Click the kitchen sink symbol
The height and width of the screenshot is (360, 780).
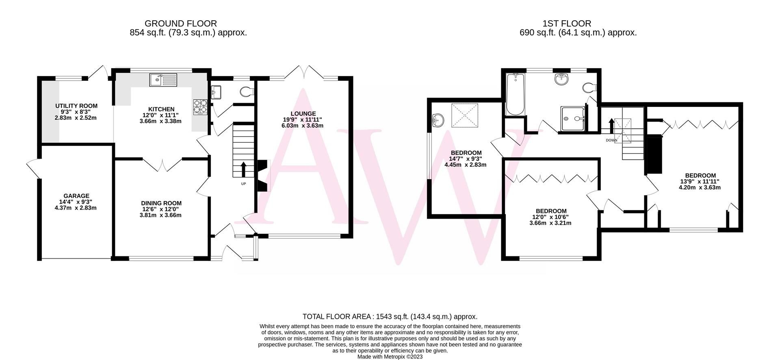[163, 80]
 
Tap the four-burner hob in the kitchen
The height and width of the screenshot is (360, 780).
[200, 107]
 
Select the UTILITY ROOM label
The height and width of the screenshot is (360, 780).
[76, 106]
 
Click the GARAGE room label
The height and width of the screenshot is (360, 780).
[76, 196]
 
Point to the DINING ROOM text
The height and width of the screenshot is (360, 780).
[161, 203]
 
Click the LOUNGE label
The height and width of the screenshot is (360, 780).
[303, 114]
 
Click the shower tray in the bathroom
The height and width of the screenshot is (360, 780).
[574, 119]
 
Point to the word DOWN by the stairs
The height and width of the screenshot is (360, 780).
[611, 141]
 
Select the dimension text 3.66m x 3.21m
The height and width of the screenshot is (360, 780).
[550, 223]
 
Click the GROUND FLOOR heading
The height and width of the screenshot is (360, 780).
[180, 24]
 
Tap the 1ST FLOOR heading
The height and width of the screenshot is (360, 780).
[578, 24]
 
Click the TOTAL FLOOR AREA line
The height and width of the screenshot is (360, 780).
[390, 317]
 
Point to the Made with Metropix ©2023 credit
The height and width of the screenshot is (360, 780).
[390, 357]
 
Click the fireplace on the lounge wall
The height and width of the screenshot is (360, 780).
[263, 176]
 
